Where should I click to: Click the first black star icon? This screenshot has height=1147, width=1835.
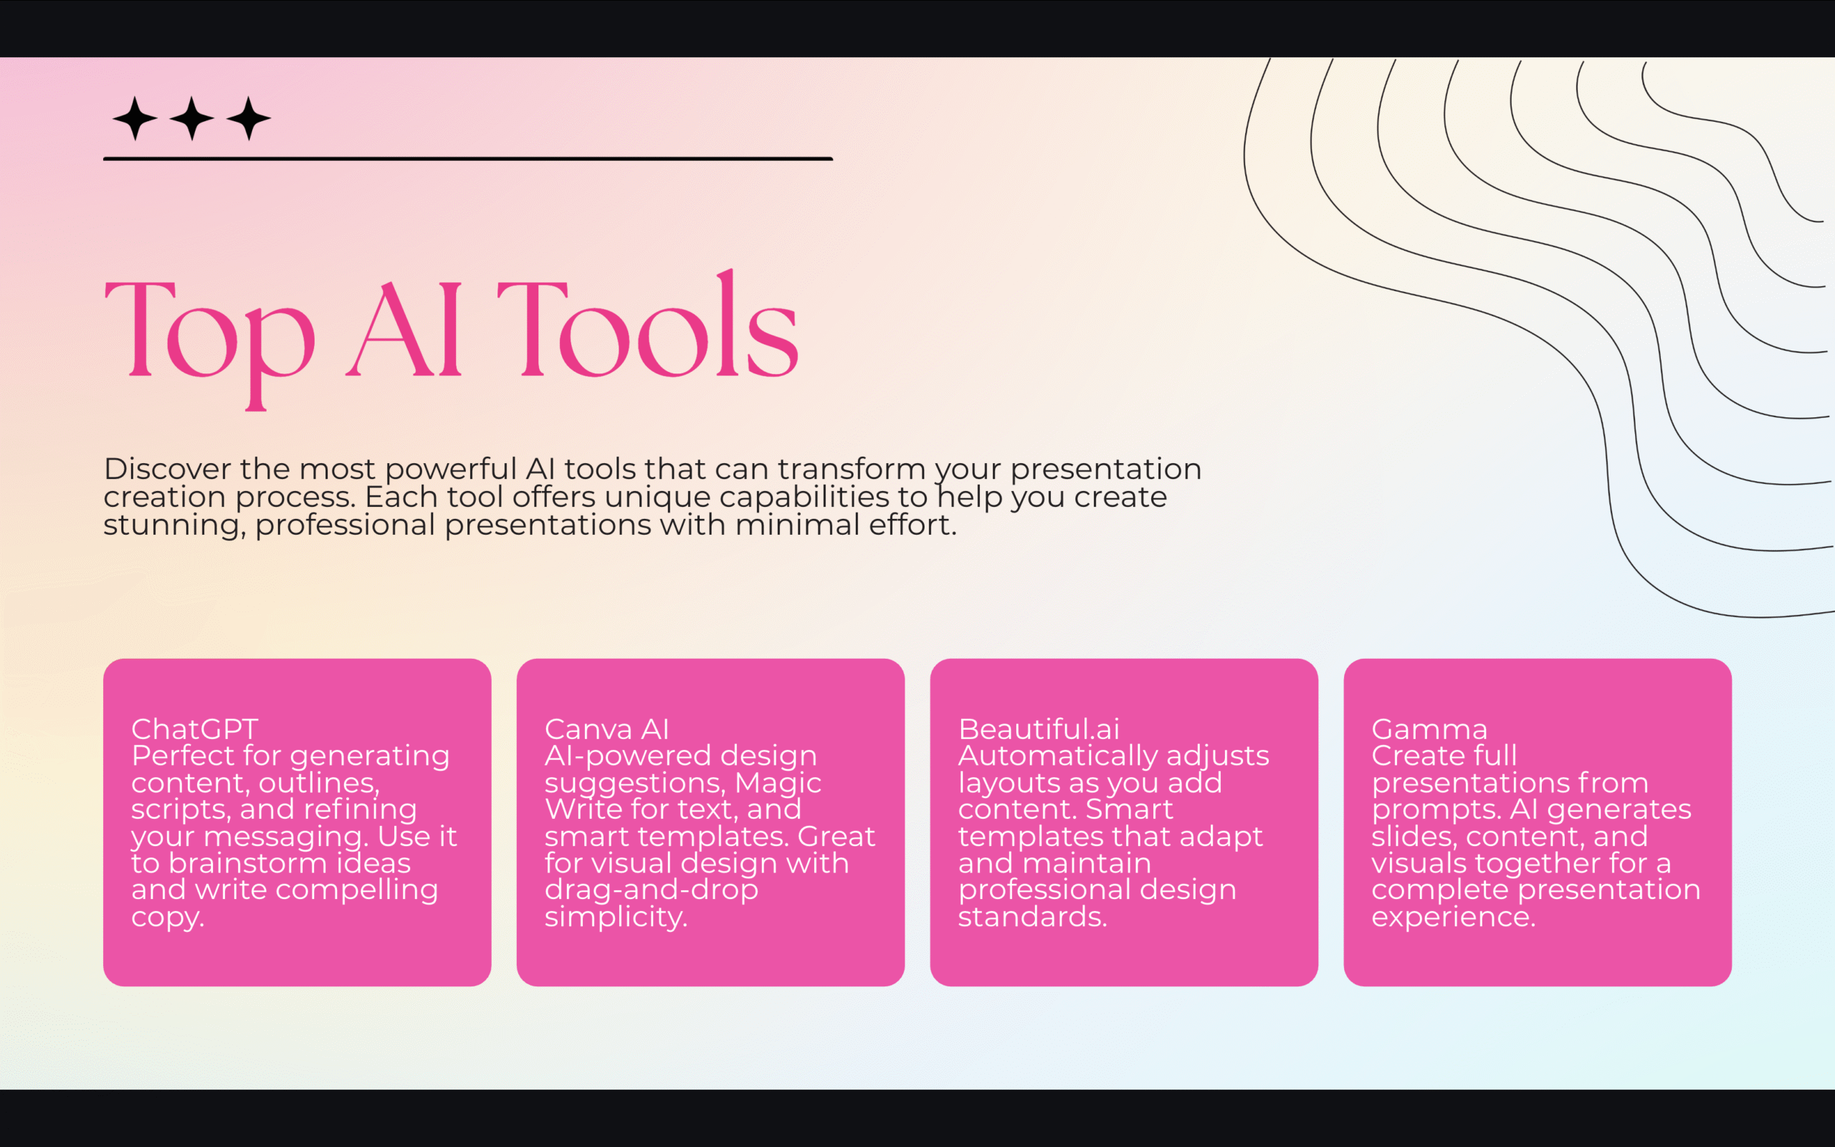(135, 118)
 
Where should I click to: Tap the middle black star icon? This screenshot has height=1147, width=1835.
(192, 118)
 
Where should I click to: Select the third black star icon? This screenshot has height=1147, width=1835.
(249, 118)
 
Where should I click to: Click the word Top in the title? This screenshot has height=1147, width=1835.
(209, 334)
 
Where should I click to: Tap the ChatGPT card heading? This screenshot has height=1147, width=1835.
(195, 729)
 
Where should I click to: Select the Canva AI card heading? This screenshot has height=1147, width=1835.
(606, 729)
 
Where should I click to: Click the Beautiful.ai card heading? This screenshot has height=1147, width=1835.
(1039, 729)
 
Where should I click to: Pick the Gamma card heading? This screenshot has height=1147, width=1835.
(1429, 729)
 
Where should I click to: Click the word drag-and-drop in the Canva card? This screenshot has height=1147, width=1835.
(651, 890)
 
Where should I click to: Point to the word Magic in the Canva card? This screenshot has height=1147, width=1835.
(778, 782)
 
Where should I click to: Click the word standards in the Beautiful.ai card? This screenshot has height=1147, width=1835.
(1031, 916)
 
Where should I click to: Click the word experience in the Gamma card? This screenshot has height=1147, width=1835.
(1453, 916)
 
